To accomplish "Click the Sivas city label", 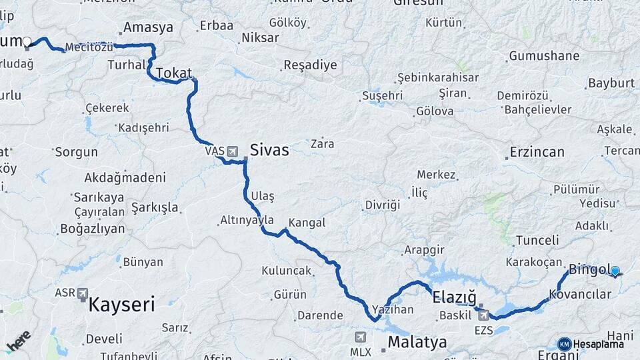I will (269, 150).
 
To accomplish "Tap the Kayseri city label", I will (122, 305).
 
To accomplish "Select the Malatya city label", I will (417, 343).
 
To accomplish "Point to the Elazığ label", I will (454, 297).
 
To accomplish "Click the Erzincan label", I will (537, 152).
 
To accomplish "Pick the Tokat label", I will (174, 73).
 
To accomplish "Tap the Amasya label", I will (148, 28).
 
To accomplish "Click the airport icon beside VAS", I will (232, 151).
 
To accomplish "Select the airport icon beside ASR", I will (83, 293).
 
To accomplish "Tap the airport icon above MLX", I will (361, 337).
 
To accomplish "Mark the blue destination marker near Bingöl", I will (615, 271).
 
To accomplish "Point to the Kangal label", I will (307, 223).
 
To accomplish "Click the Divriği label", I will (382, 205).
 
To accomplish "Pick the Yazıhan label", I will (393, 309).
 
